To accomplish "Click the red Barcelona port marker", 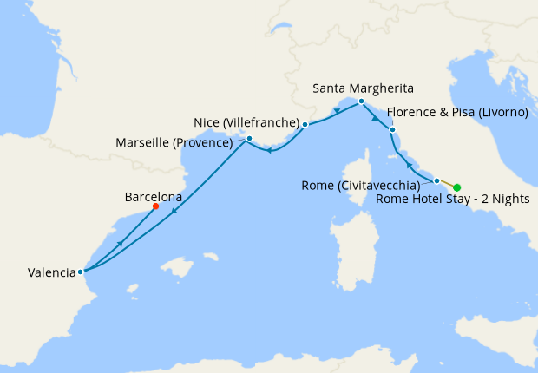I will tap(155, 206).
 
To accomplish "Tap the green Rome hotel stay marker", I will tap(456, 187).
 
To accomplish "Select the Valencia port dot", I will tap(80, 272).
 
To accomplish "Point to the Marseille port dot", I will tap(249, 139).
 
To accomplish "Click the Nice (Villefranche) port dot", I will tap(305, 125).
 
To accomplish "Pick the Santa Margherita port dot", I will tap(361, 101).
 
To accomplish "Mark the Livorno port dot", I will tap(392, 130).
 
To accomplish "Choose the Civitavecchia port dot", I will tap(436, 180).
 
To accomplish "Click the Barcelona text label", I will tap(154, 197).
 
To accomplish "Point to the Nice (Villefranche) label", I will tap(246, 121).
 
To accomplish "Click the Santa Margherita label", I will tap(363, 88).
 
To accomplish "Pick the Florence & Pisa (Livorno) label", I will tap(457, 112).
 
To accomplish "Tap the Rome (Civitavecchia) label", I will tap(360, 185).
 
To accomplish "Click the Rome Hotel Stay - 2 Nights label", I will tap(453, 200).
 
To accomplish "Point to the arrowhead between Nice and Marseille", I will tap(270, 151).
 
